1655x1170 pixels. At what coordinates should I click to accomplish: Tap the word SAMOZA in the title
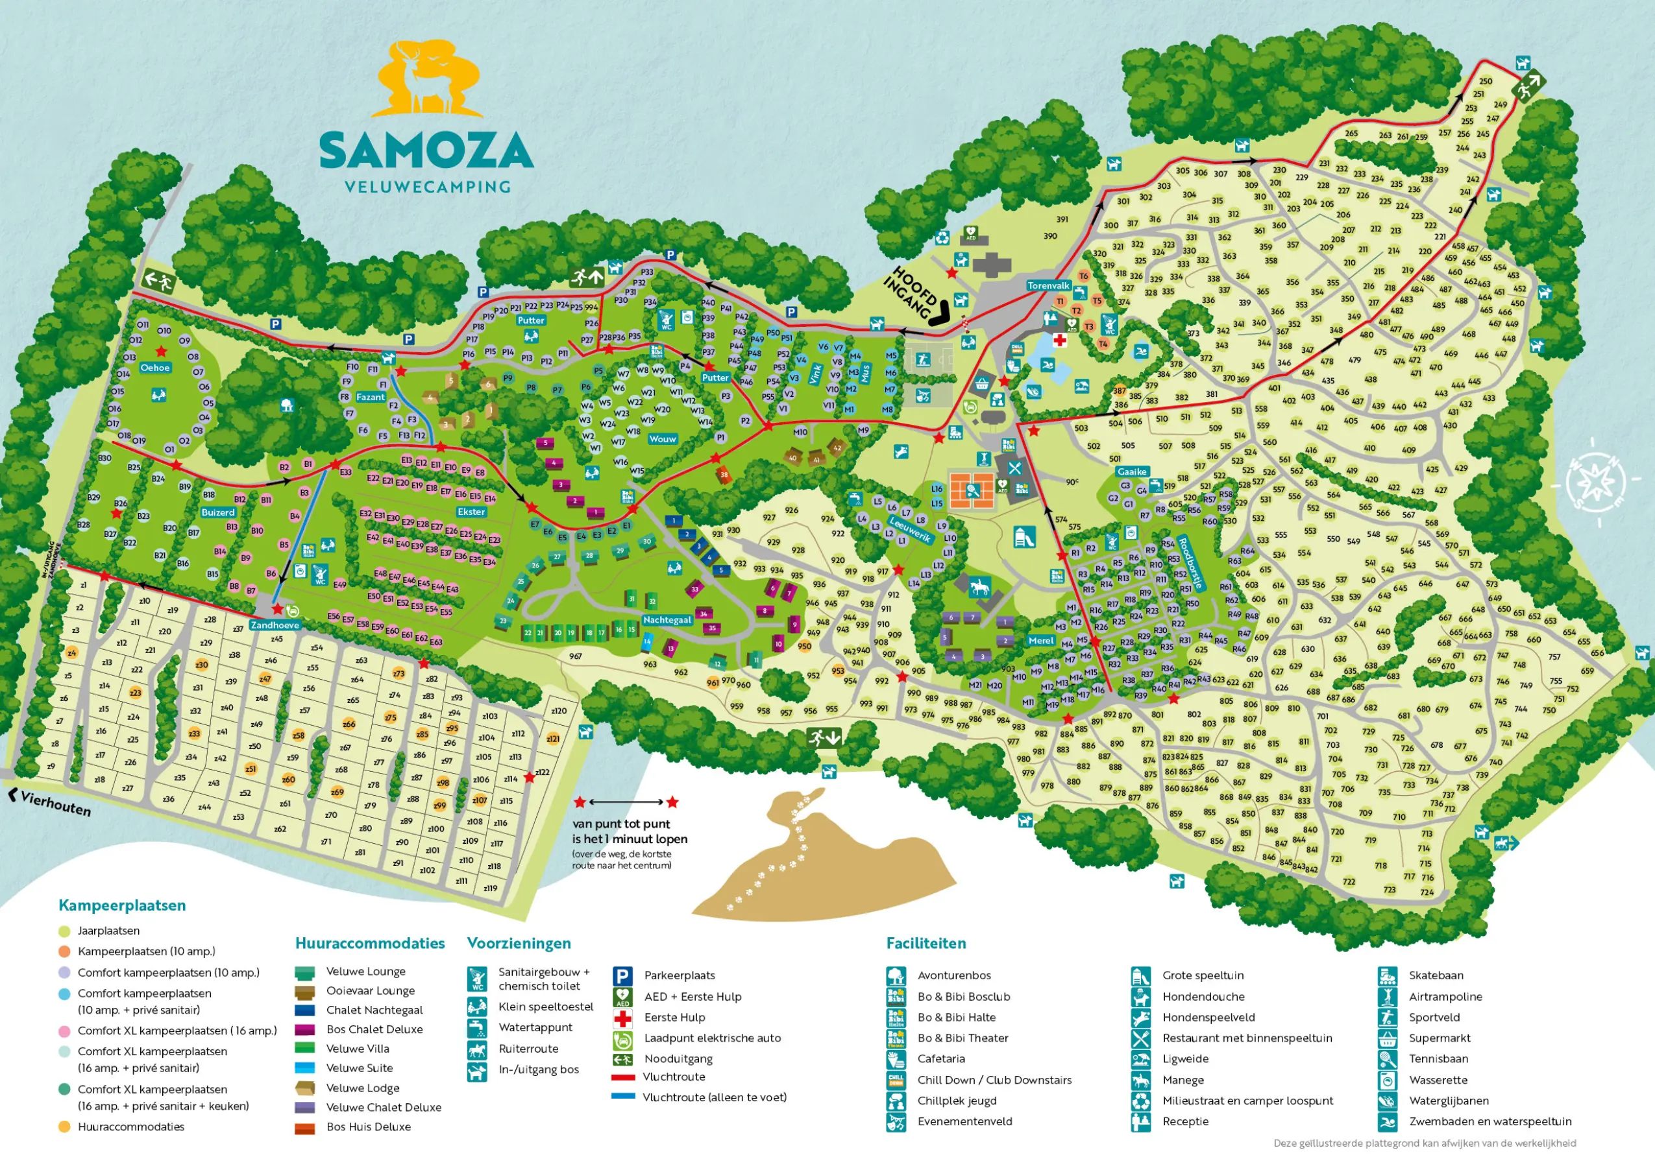426,150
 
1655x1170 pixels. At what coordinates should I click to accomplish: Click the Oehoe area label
155,368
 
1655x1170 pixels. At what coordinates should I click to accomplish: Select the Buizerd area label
217,512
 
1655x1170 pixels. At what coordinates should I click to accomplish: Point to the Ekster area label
471,512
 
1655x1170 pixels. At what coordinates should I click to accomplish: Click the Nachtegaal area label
667,619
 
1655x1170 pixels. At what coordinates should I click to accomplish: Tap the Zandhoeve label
275,625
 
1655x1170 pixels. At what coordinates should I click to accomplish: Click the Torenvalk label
1048,285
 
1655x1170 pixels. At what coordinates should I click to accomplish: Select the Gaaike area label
1132,472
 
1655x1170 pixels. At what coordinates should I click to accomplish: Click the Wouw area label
663,438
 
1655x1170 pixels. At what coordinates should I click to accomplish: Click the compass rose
1599,479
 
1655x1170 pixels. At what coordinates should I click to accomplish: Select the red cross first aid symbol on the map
1060,340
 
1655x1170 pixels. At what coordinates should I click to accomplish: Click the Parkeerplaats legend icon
622,975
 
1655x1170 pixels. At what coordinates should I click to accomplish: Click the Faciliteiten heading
926,943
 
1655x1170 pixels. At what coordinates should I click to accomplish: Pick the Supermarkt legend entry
1439,1038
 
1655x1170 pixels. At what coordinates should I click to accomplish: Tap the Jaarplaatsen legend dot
64,931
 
